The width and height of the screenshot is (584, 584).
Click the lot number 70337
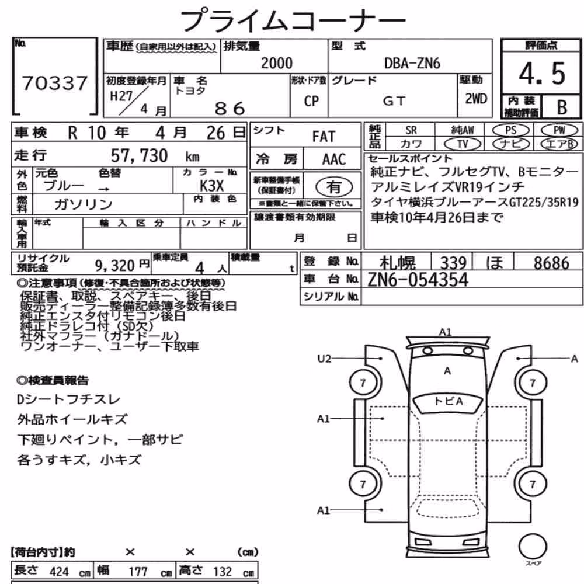click(x=55, y=83)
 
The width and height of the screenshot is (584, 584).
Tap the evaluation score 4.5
click(x=543, y=74)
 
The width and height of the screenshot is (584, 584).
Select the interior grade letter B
click(x=562, y=107)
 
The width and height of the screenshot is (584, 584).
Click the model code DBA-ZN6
click(x=412, y=63)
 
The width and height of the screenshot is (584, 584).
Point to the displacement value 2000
click(x=277, y=63)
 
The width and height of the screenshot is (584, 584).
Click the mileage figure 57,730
click(x=140, y=155)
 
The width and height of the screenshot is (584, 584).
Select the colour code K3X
click(x=211, y=186)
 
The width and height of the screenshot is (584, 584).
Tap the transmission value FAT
click(x=324, y=137)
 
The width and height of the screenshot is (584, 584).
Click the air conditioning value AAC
click(x=333, y=159)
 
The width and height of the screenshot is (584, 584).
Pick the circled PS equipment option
click(x=510, y=130)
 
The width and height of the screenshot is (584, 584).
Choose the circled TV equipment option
click(x=462, y=144)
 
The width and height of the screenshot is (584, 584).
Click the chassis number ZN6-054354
click(x=418, y=280)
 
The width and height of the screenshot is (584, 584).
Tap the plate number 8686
click(x=551, y=263)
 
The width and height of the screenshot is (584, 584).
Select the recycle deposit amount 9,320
click(x=114, y=266)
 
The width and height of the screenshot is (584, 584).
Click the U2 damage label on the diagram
click(x=324, y=359)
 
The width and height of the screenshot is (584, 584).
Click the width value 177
click(x=138, y=571)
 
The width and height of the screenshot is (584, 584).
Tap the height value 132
click(x=222, y=571)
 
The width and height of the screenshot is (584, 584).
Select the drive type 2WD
click(x=476, y=99)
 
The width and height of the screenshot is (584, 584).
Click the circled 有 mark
click(x=333, y=187)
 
